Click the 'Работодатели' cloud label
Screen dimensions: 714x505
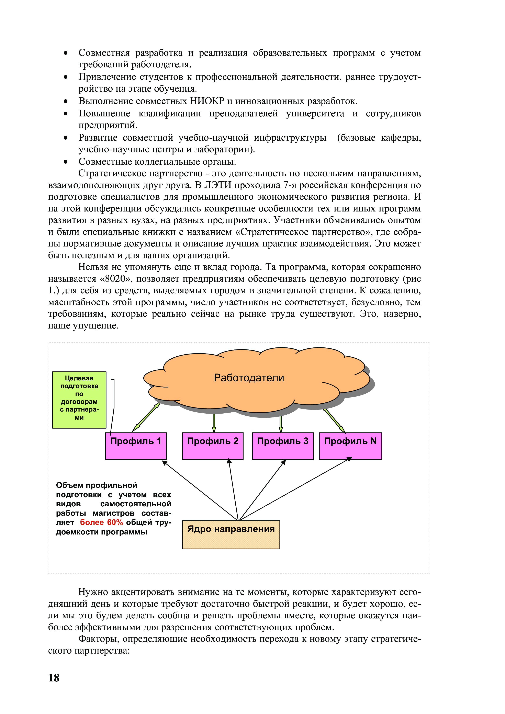[249, 378]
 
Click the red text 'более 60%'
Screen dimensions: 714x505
[101, 522]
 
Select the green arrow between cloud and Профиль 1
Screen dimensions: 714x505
[146, 417]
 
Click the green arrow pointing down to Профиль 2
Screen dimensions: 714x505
[214, 423]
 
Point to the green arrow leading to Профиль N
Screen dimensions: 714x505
[335, 421]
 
